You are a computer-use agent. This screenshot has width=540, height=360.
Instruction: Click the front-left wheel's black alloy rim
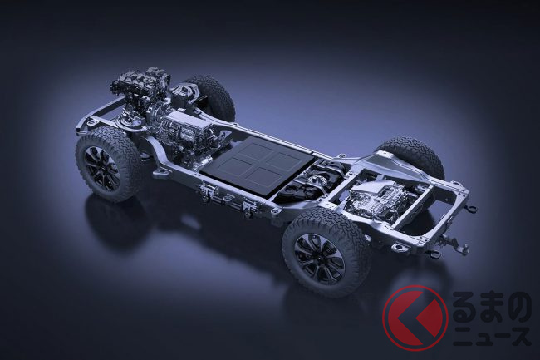click(102, 168)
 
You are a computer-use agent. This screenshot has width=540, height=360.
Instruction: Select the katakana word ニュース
click(492, 336)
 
